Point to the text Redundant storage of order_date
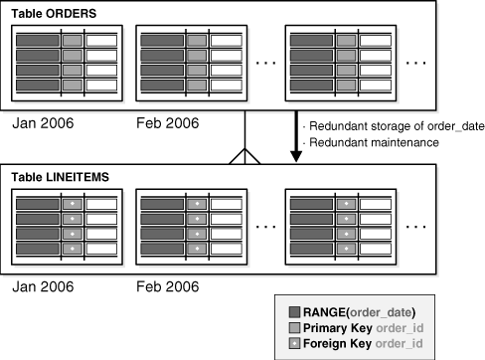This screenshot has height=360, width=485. (x=383, y=126)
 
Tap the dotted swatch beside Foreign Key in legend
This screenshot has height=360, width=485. (x=291, y=344)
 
